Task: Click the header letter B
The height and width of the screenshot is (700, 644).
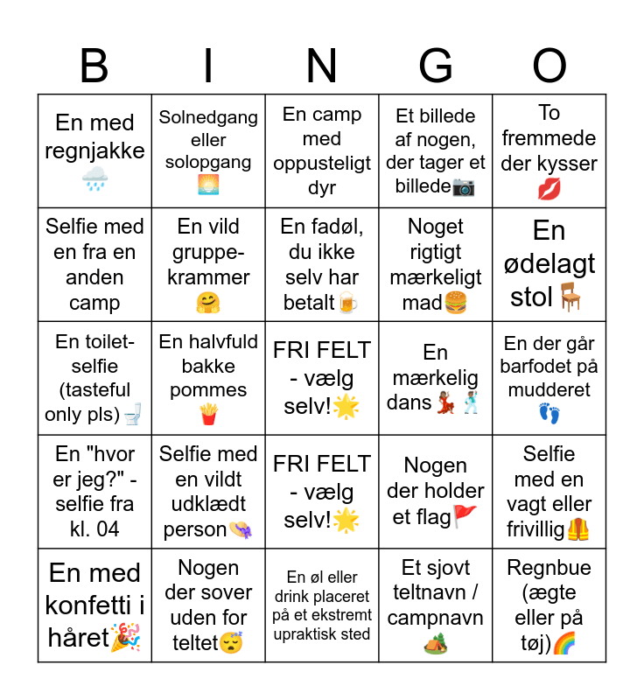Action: (x=94, y=66)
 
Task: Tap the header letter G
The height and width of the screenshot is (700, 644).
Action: (x=436, y=66)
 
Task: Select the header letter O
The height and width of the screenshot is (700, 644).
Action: (x=549, y=66)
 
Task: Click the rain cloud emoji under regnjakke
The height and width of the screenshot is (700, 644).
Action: (x=94, y=180)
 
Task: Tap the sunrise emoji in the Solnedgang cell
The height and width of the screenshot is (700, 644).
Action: (x=208, y=185)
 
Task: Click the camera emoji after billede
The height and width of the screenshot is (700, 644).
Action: (x=464, y=186)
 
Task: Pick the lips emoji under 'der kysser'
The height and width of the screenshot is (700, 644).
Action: (x=549, y=188)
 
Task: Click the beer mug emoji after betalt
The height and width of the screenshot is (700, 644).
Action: (x=348, y=303)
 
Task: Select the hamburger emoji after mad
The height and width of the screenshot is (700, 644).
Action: (x=456, y=303)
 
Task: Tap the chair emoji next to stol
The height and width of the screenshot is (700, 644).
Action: (x=570, y=297)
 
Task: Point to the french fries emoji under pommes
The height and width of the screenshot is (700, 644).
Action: (x=208, y=414)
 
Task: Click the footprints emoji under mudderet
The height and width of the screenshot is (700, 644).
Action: (x=549, y=414)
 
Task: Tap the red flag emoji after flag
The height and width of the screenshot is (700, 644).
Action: (x=465, y=516)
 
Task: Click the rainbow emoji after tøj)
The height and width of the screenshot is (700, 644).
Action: (x=564, y=643)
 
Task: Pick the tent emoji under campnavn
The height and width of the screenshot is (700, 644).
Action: (x=436, y=643)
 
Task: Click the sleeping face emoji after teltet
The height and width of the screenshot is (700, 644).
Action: (x=230, y=643)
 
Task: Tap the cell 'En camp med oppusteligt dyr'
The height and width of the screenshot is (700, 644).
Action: (x=322, y=150)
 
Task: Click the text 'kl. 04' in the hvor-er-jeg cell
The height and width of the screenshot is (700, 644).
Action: (x=94, y=528)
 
